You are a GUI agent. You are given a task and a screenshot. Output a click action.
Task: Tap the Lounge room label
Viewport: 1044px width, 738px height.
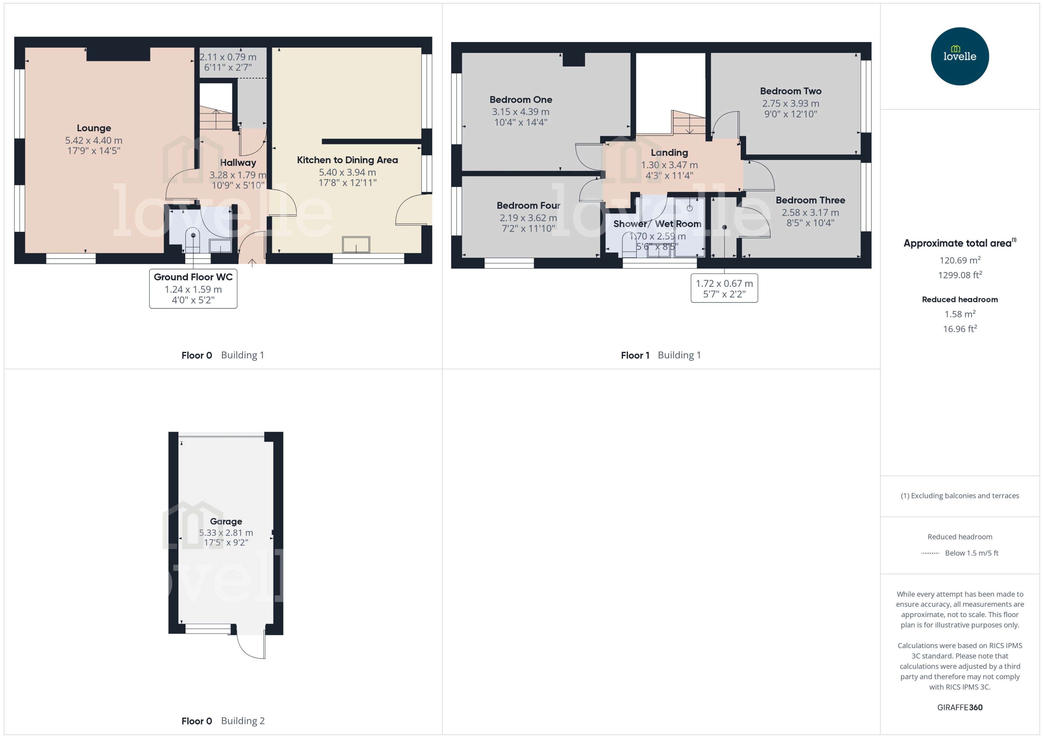[x=94, y=128]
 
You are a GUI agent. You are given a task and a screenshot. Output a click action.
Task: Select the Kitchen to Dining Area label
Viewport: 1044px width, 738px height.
[x=347, y=160]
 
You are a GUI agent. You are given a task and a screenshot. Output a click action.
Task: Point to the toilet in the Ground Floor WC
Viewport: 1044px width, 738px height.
[x=193, y=241]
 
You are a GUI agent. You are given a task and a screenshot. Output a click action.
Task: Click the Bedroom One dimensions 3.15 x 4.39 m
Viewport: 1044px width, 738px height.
[x=521, y=112]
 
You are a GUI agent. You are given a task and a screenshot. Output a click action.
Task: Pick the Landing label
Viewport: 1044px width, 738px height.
[x=669, y=153]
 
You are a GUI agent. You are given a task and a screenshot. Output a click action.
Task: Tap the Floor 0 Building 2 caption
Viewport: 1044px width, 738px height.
[x=223, y=721]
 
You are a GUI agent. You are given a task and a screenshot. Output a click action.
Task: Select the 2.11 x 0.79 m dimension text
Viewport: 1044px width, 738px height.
[x=228, y=57]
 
